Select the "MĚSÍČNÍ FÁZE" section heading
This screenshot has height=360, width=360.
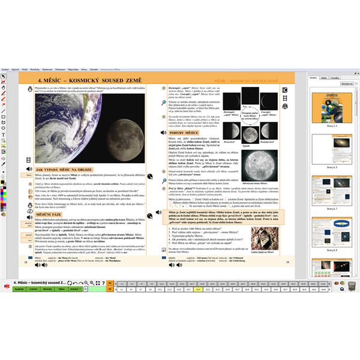tap(50, 214)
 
